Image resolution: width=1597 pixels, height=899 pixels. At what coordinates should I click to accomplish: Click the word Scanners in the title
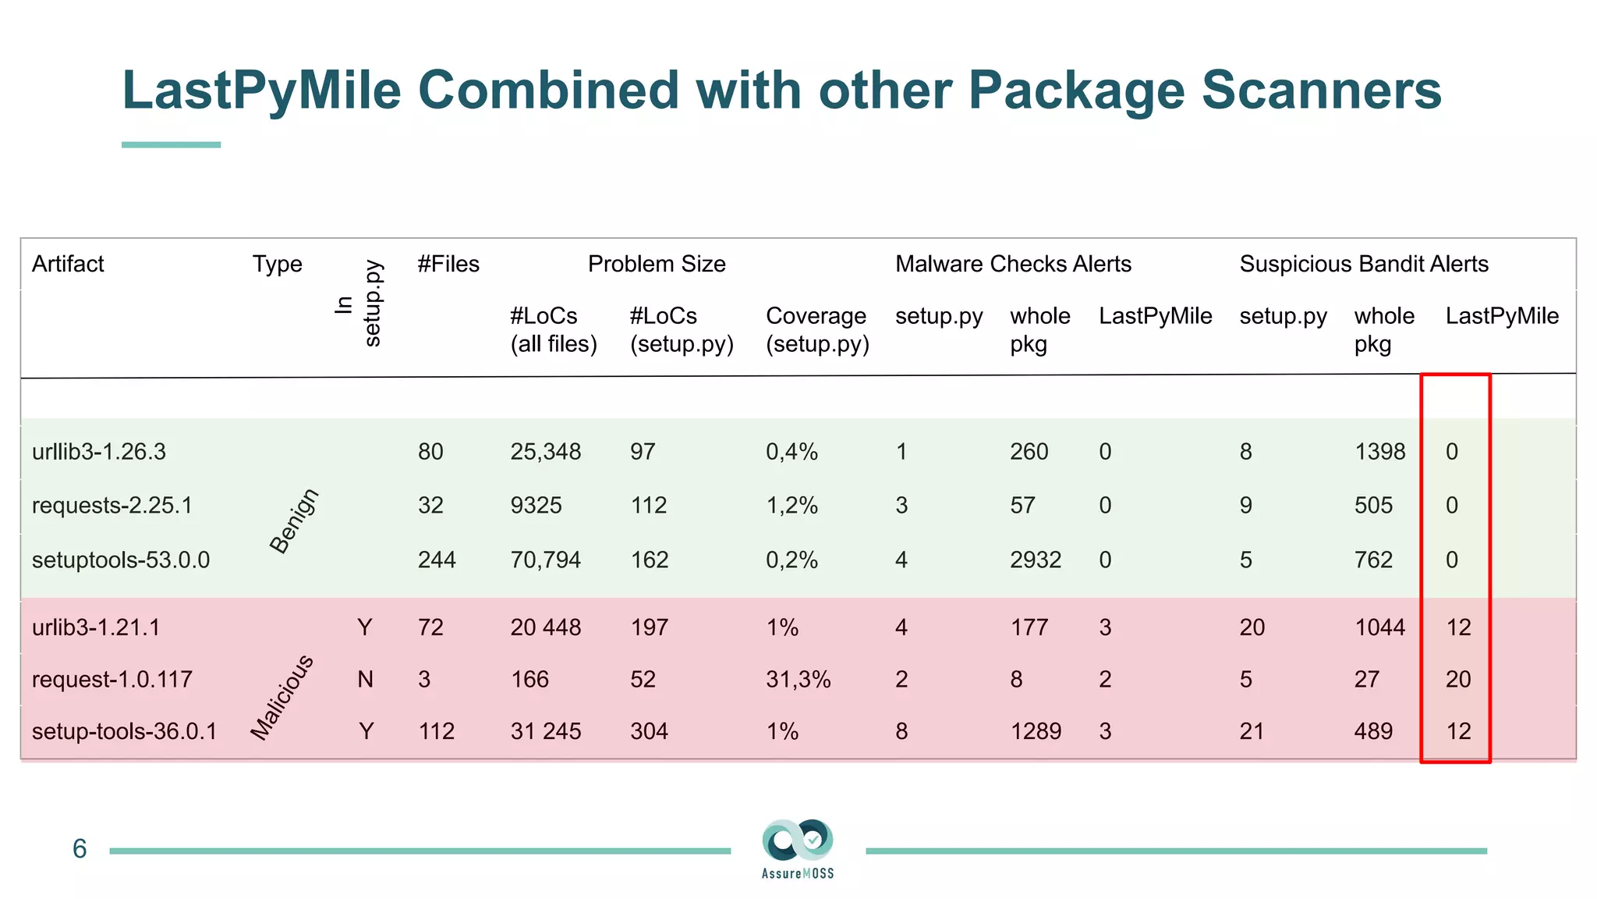coord(1321,90)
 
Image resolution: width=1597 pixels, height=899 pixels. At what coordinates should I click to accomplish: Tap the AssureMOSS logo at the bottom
coord(798,847)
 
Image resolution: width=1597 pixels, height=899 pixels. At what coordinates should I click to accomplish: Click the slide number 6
coord(80,849)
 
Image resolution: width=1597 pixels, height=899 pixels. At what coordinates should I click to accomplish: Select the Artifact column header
coord(68,264)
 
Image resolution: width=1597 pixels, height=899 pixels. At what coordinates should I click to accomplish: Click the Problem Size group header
coord(657,264)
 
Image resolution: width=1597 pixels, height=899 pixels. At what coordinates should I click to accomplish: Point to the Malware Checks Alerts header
coord(1013,264)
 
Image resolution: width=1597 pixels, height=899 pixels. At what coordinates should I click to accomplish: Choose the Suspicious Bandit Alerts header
coord(1364,264)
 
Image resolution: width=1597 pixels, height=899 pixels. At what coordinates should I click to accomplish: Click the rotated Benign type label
coord(294,521)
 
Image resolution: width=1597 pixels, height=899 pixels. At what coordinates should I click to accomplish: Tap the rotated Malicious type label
coord(282,697)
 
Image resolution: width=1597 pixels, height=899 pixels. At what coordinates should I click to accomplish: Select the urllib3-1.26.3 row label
coord(99,452)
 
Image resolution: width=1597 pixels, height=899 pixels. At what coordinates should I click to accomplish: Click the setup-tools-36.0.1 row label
coord(124,731)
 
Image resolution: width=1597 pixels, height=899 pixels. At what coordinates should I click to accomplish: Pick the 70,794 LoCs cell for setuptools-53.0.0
coord(546,560)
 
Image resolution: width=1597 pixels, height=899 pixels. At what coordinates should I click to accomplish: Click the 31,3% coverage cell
coord(798,679)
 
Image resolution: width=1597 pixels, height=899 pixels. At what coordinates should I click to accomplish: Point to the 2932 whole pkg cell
coord(1036,560)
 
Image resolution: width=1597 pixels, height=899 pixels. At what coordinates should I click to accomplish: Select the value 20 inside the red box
coord(1457,679)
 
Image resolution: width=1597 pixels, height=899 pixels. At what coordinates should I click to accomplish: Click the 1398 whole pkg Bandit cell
coord(1379,452)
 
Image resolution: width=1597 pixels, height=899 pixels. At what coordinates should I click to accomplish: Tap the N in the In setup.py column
coord(365,679)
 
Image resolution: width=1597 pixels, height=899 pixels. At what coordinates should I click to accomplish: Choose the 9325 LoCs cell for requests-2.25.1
coord(536,505)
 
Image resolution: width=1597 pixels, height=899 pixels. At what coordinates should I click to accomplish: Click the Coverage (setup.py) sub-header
coord(816,329)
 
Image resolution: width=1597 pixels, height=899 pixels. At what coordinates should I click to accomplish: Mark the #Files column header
coord(448,264)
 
